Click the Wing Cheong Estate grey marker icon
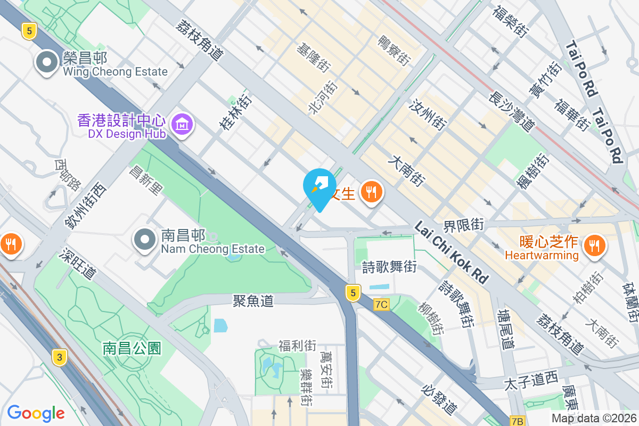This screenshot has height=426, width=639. pyautogui.click(x=47, y=63)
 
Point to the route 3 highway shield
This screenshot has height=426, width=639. pyautogui.click(x=60, y=357)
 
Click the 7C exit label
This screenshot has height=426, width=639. pyautogui.click(x=382, y=305)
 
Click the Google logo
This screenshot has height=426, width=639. pyautogui.click(x=36, y=413)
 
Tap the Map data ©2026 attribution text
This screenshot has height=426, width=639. pyautogui.click(x=593, y=419)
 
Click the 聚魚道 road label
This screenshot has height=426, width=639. pyautogui.click(x=253, y=301)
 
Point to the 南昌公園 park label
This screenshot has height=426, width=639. pyautogui.click(x=132, y=349)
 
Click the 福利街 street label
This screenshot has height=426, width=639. pyautogui.click(x=297, y=346)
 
